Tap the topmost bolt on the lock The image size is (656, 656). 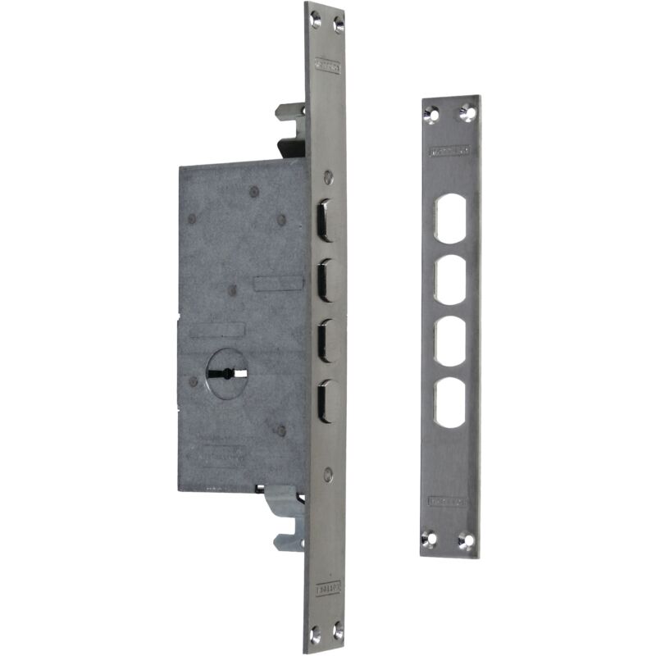click(x=326, y=220)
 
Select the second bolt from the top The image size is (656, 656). click(x=326, y=280)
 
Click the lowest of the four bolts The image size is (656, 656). click(x=326, y=400)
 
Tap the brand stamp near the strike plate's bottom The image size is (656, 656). click(x=449, y=500)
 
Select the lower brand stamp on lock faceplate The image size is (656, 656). click(x=327, y=588)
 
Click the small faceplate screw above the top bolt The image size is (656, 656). click(x=328, y=175)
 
